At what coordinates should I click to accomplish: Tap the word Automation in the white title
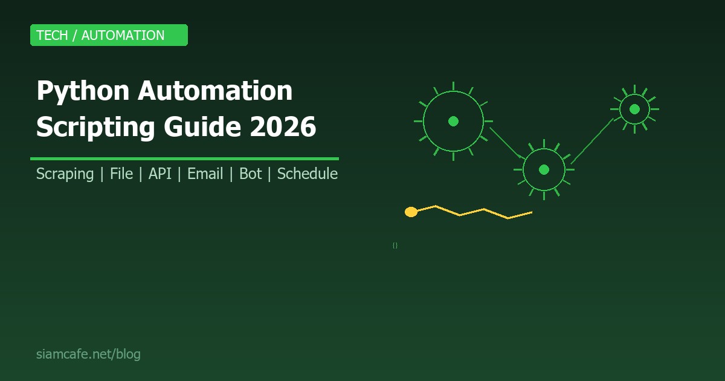click(x=215, y=91)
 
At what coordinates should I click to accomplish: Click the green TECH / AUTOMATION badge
click(x=109, y=35)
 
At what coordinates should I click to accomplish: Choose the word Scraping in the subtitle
click(x=65, y=174)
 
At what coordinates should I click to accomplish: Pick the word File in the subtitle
click(x=121, y=174)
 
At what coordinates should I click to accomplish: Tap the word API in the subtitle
click(x=160, y=174)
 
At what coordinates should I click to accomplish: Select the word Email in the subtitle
click(x=205, y=174)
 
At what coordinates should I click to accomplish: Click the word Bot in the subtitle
click(x=250, y=174)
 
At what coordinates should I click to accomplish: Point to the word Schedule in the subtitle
click(x=307, y=174)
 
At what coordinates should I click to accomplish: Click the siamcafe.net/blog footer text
click(x=88, y=354)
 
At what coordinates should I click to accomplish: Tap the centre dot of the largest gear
click(x=453, y=121)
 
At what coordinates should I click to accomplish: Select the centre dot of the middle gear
click(x=544, y=169)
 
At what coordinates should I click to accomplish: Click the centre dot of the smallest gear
click(x=634, y=109)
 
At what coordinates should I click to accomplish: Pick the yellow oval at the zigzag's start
click(x=411, y=212)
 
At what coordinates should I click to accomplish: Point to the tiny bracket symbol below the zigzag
click(x=395, y=246)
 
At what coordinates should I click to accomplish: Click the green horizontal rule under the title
click(x=184, y=158)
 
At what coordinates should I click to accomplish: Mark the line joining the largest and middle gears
click(x=506, y=143)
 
